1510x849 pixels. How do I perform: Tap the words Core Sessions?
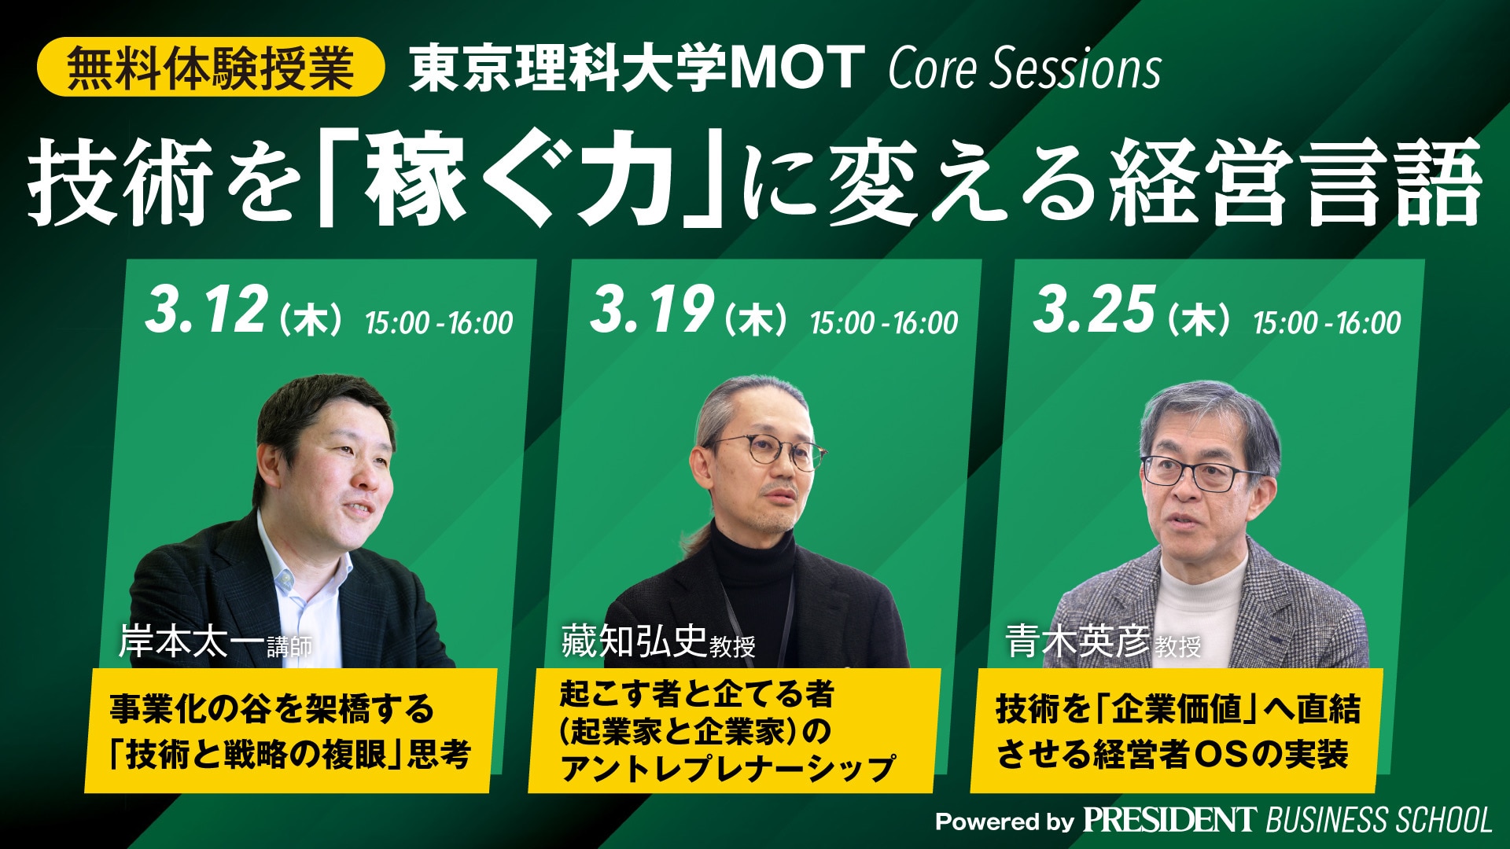(x=1025, y=68)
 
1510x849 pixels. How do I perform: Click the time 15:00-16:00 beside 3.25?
(x=1328, y=322)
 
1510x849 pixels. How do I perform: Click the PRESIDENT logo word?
(x=1169, y=820)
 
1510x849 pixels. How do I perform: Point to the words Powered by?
(x=1004, y=822)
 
